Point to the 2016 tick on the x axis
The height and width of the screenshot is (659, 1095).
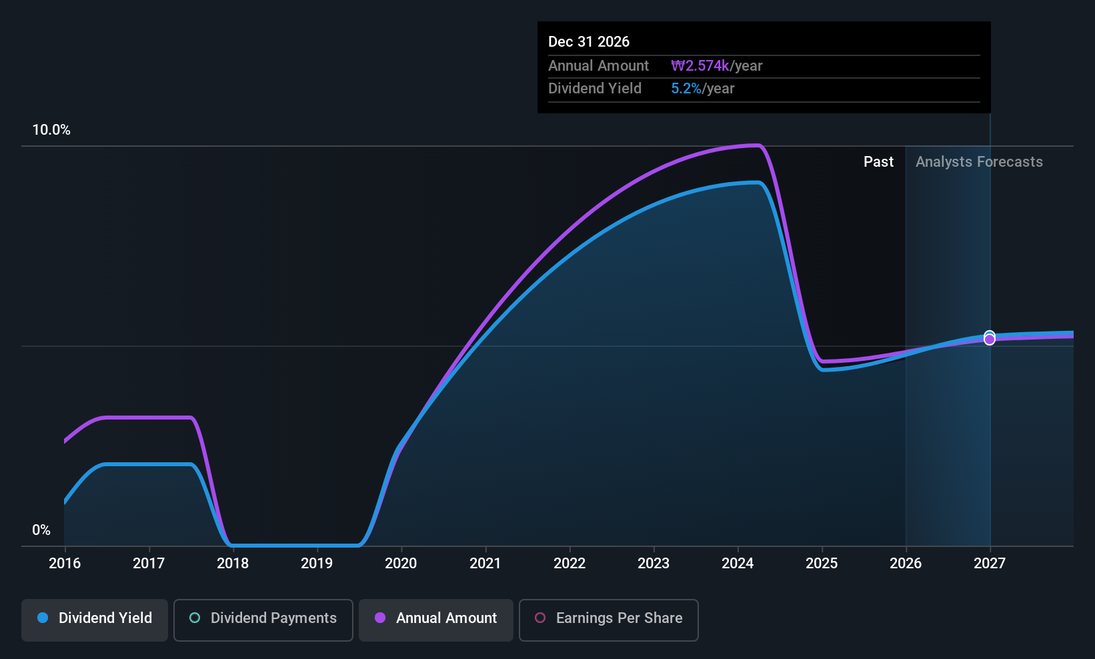[65, 563]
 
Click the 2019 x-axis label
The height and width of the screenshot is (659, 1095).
[317, 563]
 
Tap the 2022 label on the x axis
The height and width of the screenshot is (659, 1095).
[570, 563]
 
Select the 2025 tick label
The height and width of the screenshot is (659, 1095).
[822, 563]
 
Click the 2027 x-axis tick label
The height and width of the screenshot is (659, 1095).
[990, 563]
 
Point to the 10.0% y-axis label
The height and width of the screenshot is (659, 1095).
[51, 130]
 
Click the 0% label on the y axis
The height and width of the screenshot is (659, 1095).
[41, 530]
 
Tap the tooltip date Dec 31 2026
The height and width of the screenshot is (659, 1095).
[589, 41]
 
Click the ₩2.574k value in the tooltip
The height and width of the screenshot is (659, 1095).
[700, 65]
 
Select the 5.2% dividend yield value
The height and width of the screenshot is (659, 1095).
[686, 89]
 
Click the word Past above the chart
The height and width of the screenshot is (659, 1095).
[878, 162]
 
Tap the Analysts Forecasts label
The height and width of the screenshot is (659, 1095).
[979, 162]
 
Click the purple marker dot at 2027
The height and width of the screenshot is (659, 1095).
[990, 340]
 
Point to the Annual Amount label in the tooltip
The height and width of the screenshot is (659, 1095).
[598, 65]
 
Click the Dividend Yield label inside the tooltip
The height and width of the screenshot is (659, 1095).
[595, 89]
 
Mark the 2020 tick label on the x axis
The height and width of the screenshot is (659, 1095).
[401, 563]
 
